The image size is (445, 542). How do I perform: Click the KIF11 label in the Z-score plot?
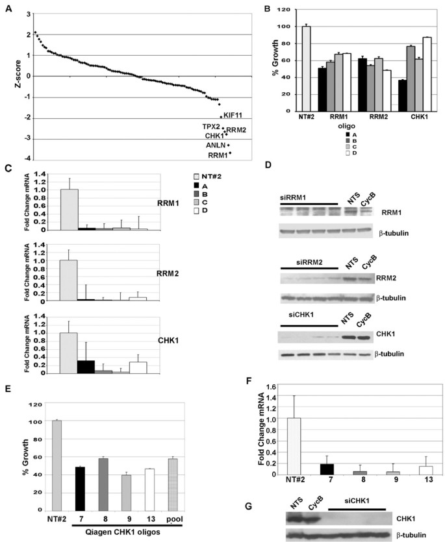click(x=233, y=115)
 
